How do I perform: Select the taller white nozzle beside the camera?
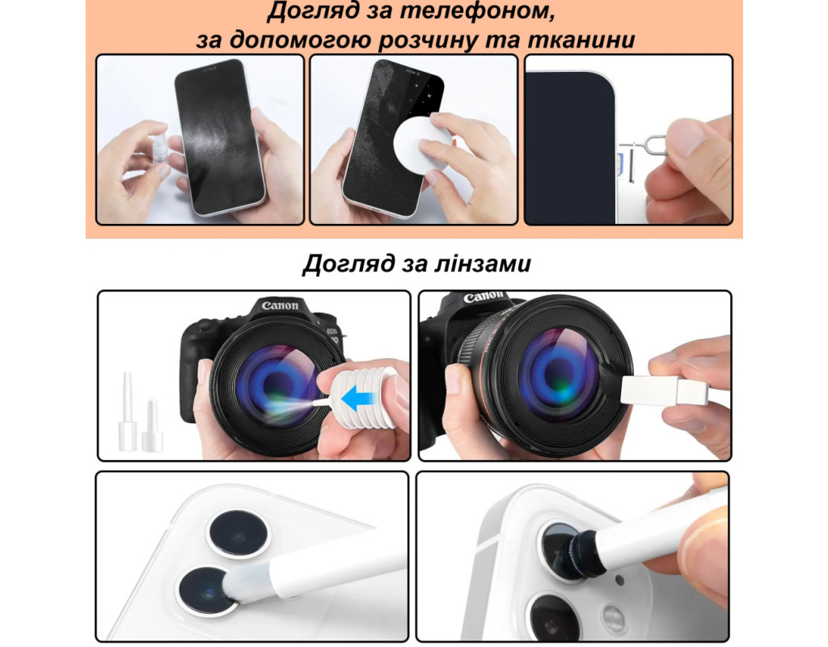[127, 412]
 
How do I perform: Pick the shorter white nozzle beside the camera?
[152, 425]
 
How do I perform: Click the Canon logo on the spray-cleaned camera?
[280, 306]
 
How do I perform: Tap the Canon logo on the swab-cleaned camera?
[483, 297]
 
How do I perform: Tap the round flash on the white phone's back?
[613, 617]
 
